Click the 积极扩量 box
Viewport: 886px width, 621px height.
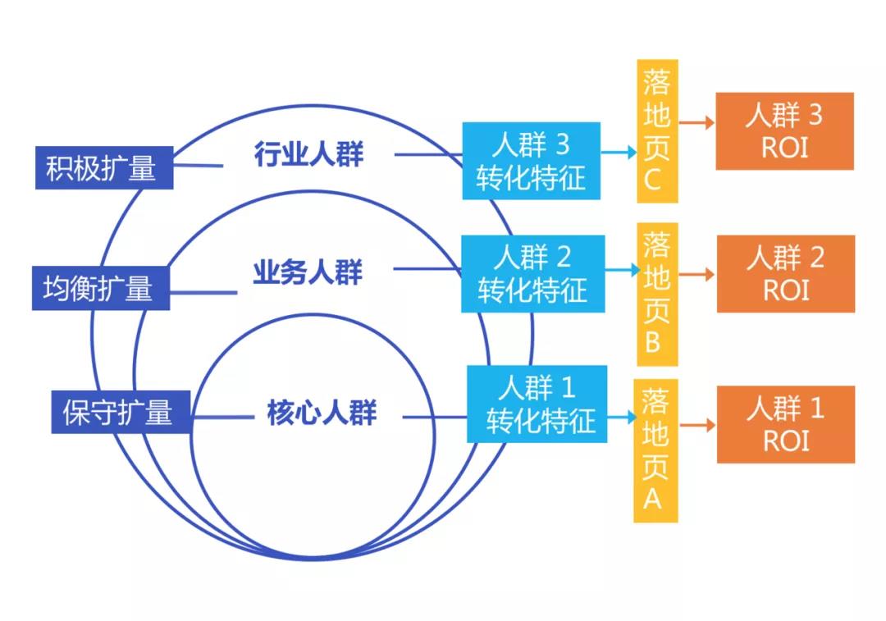point(103,167)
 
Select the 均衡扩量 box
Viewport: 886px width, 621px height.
point(100,288)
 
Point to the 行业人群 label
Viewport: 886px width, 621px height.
point(308,153)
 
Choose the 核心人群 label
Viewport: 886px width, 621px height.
point(321,412)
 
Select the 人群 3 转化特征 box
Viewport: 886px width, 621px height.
point(532,160)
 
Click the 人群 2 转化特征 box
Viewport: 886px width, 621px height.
point(533,273)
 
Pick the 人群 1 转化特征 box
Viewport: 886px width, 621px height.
point(537,404)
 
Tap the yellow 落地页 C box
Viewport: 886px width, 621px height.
point(657,131)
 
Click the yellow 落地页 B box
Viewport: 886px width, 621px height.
point(657,292)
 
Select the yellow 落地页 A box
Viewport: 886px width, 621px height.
point(655,450)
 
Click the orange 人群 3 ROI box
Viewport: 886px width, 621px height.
point(784,131)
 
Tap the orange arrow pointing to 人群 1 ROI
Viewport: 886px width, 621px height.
point(697,425)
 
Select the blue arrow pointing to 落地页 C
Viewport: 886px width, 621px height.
point(619,152)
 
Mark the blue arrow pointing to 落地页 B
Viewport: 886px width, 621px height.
point(622,269)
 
